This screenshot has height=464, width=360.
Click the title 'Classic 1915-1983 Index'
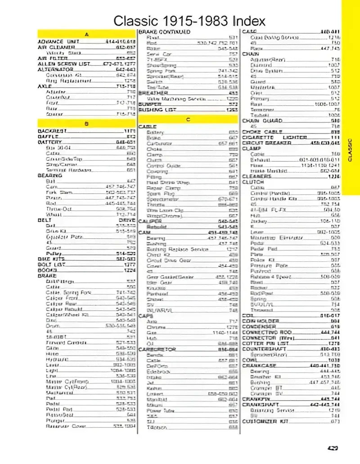coord(189,20)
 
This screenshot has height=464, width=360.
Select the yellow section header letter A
coord(86,34)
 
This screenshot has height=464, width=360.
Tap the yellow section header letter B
coord(86,123)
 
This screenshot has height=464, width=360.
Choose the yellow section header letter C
coord(188,119)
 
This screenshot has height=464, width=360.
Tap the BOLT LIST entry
coord(50,265)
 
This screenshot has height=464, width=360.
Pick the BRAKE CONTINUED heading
coord(165,32)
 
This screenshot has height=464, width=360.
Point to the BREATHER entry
coord(153,93)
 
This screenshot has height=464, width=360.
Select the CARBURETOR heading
coord(157,349)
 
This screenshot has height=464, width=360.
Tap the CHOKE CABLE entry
coord(262,132)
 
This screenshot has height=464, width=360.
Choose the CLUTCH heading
coord(253,182)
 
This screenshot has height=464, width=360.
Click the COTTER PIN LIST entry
coord(265,344)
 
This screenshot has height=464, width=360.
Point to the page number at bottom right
coord(333,448)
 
